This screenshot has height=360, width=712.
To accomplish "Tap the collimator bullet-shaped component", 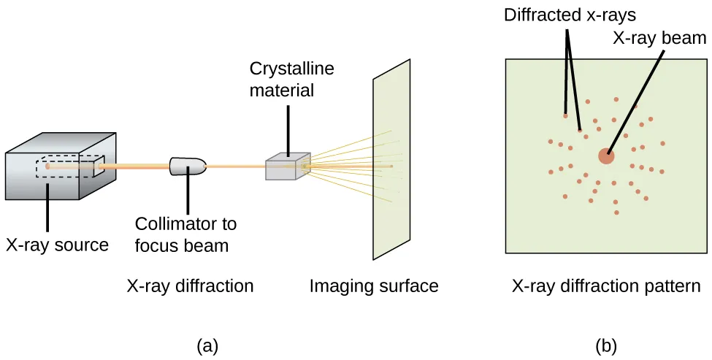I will point(188,166).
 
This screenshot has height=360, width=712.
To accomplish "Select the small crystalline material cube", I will point(287,167).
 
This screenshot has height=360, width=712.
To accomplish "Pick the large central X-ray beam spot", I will point(606,156).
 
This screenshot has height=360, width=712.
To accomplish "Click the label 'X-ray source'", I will point(57,245).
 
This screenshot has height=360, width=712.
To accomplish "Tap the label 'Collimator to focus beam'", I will point(185,234).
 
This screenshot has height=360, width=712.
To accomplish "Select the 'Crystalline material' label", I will point(291,80).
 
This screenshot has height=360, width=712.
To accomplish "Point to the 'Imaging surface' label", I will point(374,286).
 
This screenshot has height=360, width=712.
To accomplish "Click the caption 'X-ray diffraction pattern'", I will point(606,286).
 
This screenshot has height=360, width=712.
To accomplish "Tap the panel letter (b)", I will point(605,345).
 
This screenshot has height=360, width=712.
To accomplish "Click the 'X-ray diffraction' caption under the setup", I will point(190,286).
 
